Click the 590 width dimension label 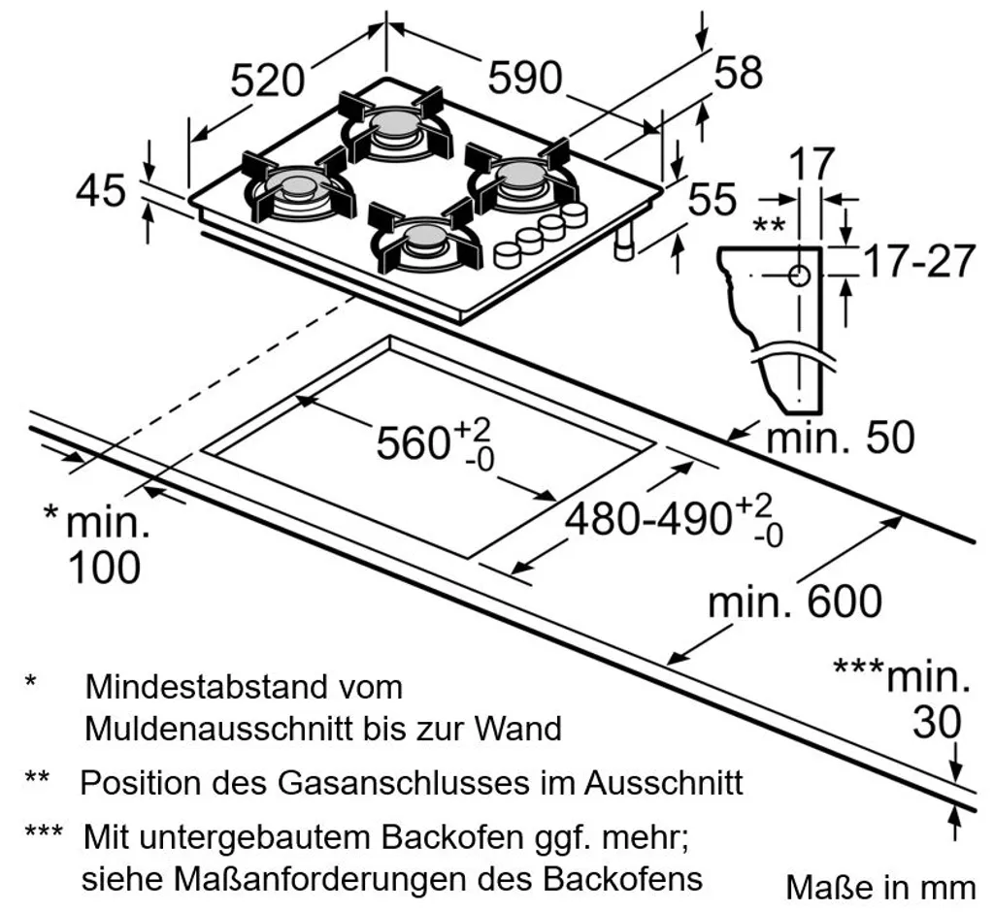(x=525, y=78)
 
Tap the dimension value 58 (x=739, y=73)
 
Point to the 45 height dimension (x=101, y=190)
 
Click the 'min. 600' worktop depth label (x=795, y=603)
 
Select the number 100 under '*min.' (x=104, y=567)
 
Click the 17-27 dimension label (x=918, y=261)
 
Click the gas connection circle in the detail (x=799, y=277)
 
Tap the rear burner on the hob (x=395, y=126)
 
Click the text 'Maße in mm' (x=880, y=887)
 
